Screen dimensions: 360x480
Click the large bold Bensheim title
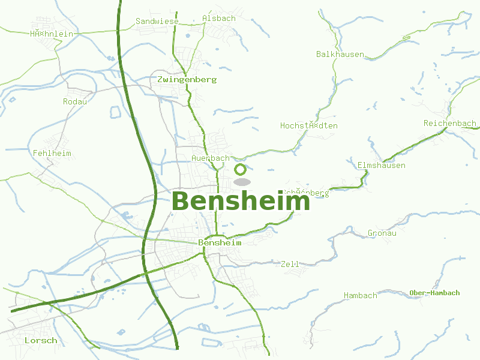pyautogui.click(x=241, y=202)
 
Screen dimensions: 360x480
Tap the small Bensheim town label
pyautogui.click(x=220, y=243)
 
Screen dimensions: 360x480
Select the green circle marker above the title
pyautogui.click(x=240, y=169)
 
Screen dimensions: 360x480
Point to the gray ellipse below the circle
pyautogui.click(x=241, y=182)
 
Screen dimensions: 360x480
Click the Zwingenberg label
pyautogui.click(x=187, y=79)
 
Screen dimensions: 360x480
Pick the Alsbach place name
pyautogui.click(x=219, y=19)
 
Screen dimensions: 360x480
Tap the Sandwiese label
pyautogui.click(x=157, y=21)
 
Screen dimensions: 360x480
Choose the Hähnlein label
pyautogui.click(x=52, y=34)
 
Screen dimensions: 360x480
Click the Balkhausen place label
pyautogui.click(x=340, y=55)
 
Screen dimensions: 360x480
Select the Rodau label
pyautogui.click(x=75, y=102)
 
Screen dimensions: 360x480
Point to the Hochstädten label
pyautogui.click(x=309, y=126)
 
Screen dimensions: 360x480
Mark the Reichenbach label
pyautogui.click(x=449, y=124)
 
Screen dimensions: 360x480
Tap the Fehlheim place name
pyautogui.click(x=52, y=154)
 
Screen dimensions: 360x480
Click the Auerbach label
pyautogui.click(x=211, y=158)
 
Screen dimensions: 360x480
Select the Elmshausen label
pyautogui.click(x=381, y=166)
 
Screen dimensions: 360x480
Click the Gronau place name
pyautogui.click(x=382, y=233)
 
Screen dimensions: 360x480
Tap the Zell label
pyautogui.click(x=290, y=265)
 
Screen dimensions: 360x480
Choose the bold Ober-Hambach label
pyautogui.click(x=435, y=293)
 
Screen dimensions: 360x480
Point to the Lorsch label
pyautogui.click(x=41, y=341)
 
